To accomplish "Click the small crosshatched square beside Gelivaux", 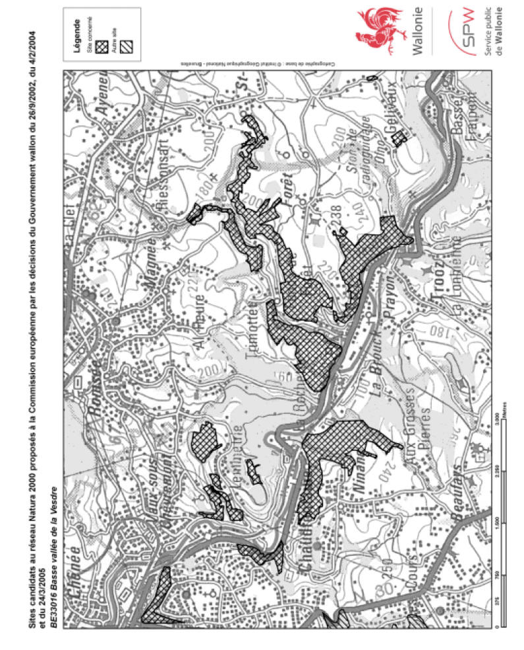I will pos(397,138).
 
